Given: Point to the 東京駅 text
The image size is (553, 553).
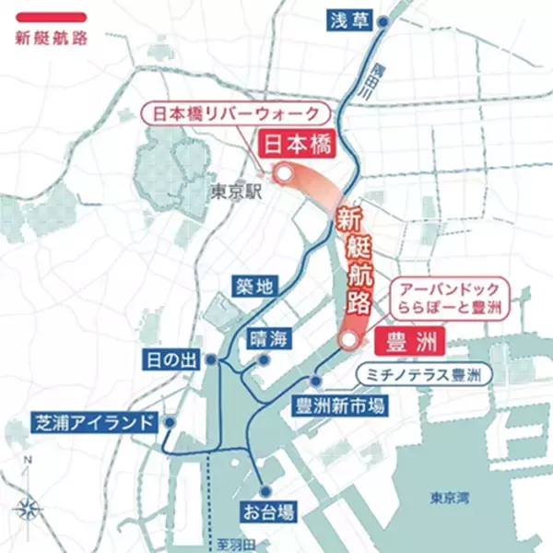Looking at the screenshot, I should pos(236,192).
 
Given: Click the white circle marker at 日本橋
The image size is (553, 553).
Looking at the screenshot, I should pos(285,172).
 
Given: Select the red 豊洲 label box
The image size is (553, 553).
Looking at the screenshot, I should pos(406,340).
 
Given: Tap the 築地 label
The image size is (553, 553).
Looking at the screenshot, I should pos(253,287).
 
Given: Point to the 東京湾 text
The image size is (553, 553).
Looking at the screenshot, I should pos(449,498).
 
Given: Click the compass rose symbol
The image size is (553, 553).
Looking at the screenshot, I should pos(28,504).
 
